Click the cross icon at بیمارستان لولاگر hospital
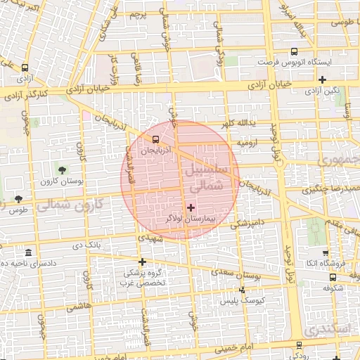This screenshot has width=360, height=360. click(x=191, y=207)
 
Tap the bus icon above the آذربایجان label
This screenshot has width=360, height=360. click(x=155, y=139)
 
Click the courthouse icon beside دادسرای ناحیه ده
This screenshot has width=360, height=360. click(x=28, y=252)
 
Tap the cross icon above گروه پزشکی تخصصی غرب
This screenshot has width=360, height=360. click(x=142, y=262)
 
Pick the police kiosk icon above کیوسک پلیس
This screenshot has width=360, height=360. click(x=243, y=289)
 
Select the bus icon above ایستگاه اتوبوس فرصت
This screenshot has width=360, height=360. click(x=294, y=51)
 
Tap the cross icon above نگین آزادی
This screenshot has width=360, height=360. click(x=322, y=79)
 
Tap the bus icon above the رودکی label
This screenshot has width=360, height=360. click(x=300, y=345)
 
